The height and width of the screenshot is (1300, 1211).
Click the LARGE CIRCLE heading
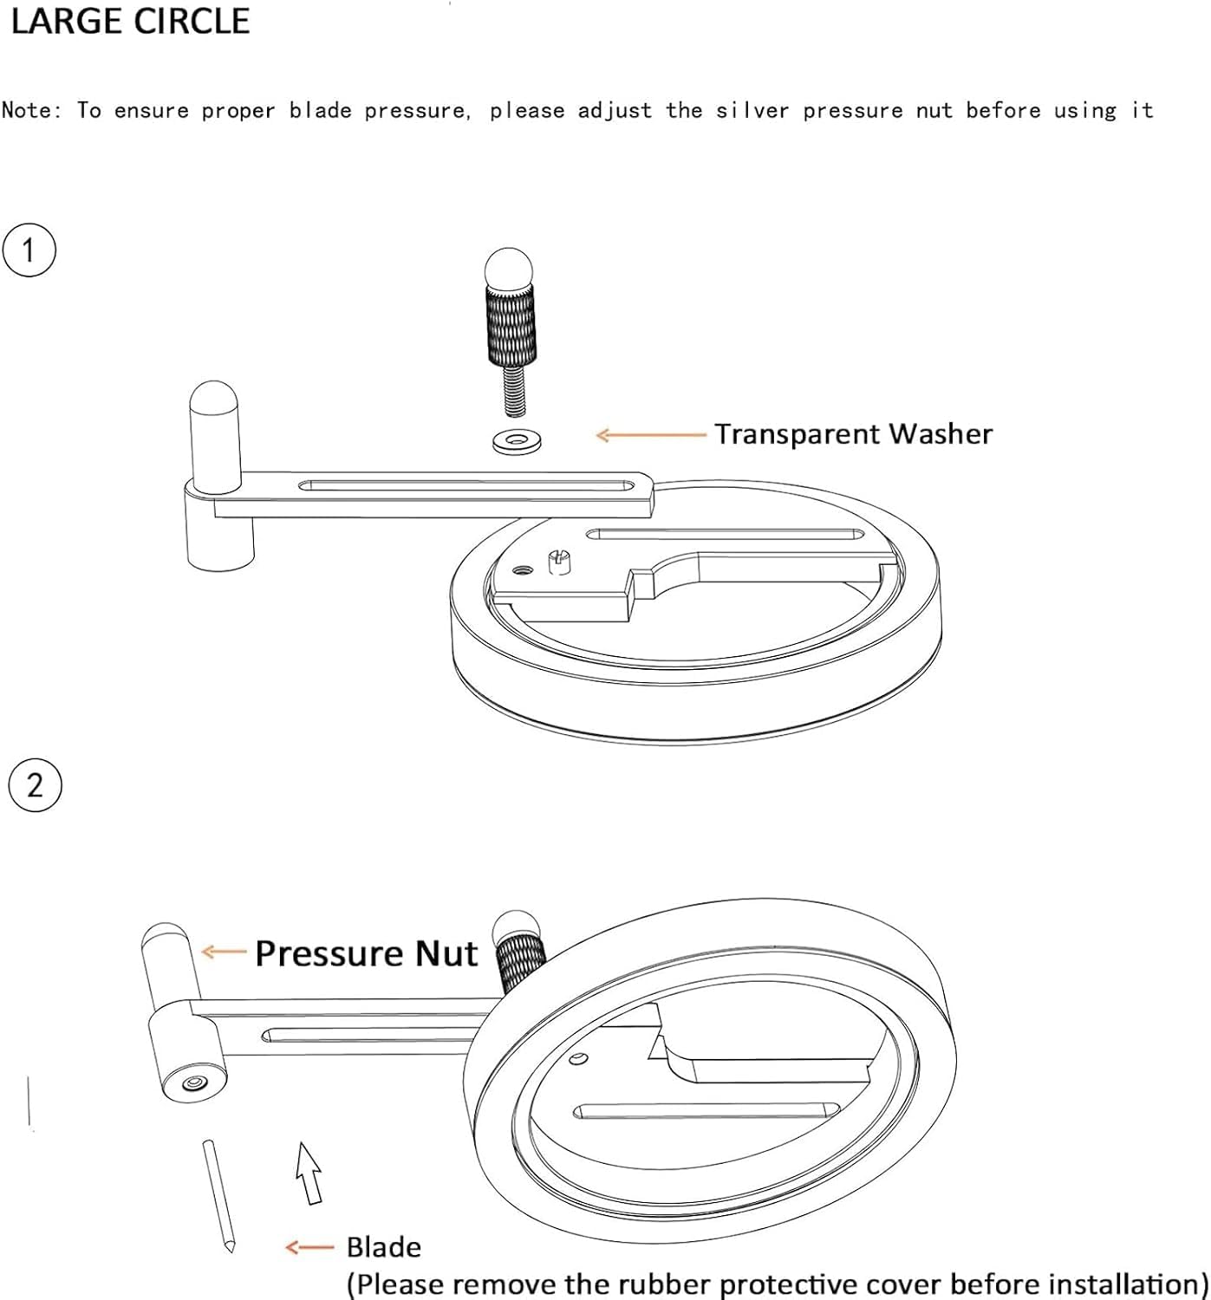point(130,23)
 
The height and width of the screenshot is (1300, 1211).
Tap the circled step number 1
point(29,250)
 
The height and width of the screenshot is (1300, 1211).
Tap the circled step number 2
point(35,785)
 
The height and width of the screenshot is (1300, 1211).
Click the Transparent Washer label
point(853,434)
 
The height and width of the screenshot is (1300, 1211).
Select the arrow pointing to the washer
point(651,435)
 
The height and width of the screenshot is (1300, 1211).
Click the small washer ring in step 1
point(517,442)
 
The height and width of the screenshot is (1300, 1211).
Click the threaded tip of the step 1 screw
point(515,392)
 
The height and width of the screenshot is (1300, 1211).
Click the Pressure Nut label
point(366,953)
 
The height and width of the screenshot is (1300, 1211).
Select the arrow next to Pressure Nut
point(224,952)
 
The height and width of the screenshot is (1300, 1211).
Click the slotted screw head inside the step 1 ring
point(558,561)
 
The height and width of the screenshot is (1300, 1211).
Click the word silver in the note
point(752,110)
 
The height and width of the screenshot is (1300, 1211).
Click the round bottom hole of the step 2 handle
point(192,1082)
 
